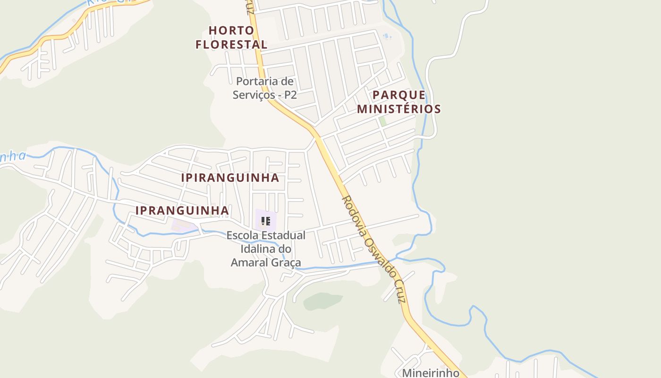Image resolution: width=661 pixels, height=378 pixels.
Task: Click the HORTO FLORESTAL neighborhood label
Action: pos(231,37)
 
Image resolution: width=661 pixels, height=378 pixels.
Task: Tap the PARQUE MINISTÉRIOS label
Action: pos(399,102)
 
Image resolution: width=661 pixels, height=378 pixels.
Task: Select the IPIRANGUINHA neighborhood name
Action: pos(230,178)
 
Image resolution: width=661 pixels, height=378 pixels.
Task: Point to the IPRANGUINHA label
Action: pos(182,211)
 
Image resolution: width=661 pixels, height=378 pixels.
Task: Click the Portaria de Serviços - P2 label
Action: pos(265,88)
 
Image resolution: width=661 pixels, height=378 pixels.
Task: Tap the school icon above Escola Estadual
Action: pos(265,221)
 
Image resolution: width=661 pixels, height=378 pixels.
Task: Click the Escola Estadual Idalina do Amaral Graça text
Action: pos(266,249)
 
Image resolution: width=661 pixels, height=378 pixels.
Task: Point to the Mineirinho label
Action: pos(431,373)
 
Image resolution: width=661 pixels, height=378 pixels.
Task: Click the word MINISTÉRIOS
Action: pos(399,109)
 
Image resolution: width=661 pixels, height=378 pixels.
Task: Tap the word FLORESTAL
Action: pos(231,45)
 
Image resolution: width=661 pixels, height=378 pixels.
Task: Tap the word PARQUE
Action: pos(399,95)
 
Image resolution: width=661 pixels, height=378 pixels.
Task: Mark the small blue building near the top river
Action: pos(387,36)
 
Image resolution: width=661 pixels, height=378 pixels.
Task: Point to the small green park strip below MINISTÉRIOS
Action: pos(382,121)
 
